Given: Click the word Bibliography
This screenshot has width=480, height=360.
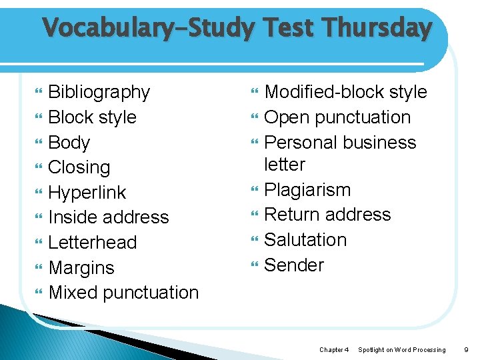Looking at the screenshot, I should tap(99, 92).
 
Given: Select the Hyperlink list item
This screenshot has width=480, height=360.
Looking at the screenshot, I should tap(87, 193).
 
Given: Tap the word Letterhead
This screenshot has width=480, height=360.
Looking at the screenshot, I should tap(93, 243).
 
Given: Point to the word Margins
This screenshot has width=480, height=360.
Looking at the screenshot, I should tap(81, 268).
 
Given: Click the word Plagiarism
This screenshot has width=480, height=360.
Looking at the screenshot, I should tap(307, 190).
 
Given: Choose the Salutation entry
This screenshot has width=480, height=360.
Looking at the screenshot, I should tap(305, 240).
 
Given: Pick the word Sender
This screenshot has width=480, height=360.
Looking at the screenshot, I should tap(294, 265).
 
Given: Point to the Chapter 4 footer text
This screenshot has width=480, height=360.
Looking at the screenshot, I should tap(333, 349).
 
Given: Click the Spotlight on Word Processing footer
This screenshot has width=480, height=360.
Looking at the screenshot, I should tap(402, 349).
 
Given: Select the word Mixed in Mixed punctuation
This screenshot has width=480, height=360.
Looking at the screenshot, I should tap(72, 293).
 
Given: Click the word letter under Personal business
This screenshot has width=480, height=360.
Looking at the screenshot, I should tap(285, 165).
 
